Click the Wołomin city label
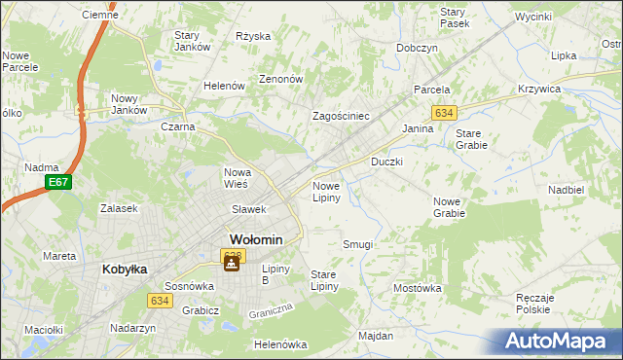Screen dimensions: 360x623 coord(256,239)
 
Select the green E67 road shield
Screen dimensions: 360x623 coord(57,182)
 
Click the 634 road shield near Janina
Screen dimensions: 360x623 coord(444,113)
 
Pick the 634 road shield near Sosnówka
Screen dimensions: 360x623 coord(161,302)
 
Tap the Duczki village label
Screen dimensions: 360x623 coord(386,161)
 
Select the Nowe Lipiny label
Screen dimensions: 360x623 coord(325,191)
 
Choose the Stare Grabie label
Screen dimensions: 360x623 coord(471,138)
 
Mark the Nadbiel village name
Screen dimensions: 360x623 coord(566,190)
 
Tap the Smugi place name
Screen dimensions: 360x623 coord(357,244)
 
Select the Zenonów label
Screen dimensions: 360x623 coord(281,79)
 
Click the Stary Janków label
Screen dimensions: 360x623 coord(194,41)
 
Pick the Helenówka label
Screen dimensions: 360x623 coord(279,344)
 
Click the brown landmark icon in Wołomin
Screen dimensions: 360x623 coord(232,263)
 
